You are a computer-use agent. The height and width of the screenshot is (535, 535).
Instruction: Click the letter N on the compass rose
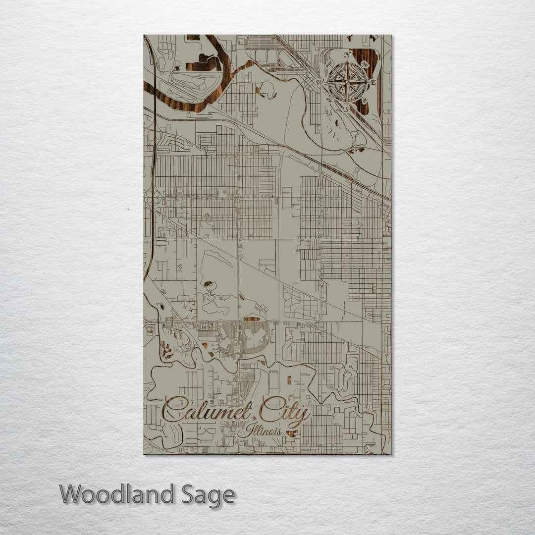click(x=347, y=54)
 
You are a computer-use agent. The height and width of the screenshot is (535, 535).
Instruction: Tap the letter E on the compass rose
click(x=374, y=82)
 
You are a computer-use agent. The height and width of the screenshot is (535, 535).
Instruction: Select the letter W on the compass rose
click(x=320, y=82)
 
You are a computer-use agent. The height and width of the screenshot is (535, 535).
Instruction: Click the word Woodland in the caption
click(x=117, y=495)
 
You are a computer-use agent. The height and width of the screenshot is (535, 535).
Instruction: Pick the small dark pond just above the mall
click(x=252, y=319)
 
